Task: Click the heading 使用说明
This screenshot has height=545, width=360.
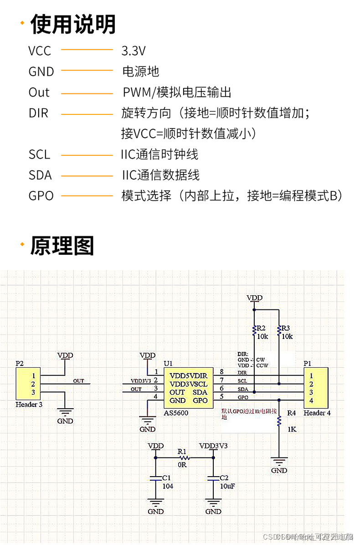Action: point(73,24)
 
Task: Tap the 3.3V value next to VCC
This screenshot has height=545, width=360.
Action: point(133,50)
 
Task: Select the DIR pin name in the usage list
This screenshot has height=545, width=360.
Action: point(38,113)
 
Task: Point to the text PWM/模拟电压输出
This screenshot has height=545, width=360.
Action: point(177,93)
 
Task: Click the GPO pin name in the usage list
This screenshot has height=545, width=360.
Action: point(41,196)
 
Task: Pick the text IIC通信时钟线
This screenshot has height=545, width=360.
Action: point(159,154)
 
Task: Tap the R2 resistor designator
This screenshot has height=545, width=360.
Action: point(261,328)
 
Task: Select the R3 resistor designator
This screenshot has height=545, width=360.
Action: point(286,328)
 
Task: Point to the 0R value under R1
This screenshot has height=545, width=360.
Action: point(182,465)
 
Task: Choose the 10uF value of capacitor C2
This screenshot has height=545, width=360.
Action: point(227,486)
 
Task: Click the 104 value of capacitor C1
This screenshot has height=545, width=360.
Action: point(168,486)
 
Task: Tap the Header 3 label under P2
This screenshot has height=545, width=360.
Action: point(29,404)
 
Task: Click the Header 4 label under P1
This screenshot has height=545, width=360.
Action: point(317,413)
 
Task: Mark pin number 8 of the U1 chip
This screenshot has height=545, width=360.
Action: point(221,372)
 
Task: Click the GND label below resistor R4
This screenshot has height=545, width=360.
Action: point(279,470)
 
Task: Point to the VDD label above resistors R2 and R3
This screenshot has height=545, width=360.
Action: point(254,298)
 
